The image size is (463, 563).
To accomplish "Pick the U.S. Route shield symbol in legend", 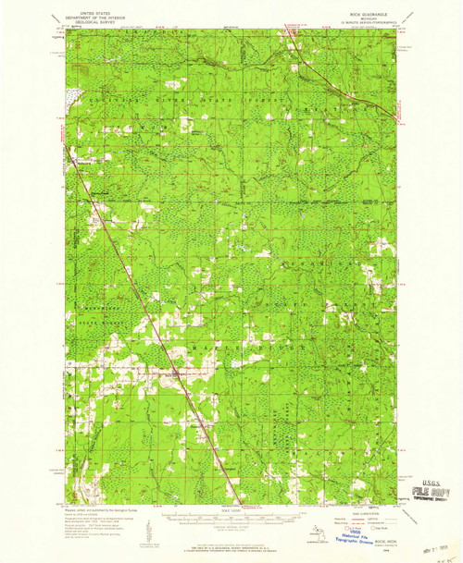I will coord(346,526).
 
